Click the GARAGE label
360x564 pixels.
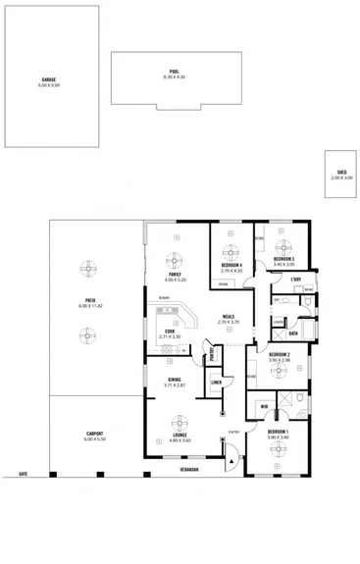pyautogui.click(x=49, y=80)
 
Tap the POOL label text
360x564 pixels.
pyautogui.click(x=174, y=72)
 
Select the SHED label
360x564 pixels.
pyautogui.click(x=341, y=173)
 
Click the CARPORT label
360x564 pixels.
pyautogui.click(x=94, y=434)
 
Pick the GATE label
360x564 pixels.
pyautogui.click(x=23, y=474)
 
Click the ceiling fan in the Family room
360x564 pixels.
pyautogui.click(x=179, y=262)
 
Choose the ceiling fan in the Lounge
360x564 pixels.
pyautogui.click(x=179, y=423)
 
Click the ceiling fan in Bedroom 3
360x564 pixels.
pyautogui.click(x=283, y=246)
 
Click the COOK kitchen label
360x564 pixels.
pyautogui.click(x=170, y=332)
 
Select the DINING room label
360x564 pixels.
pyautogui.click(x=174, y=380)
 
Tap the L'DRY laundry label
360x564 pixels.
pyautogui.click(x=294, y=280)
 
